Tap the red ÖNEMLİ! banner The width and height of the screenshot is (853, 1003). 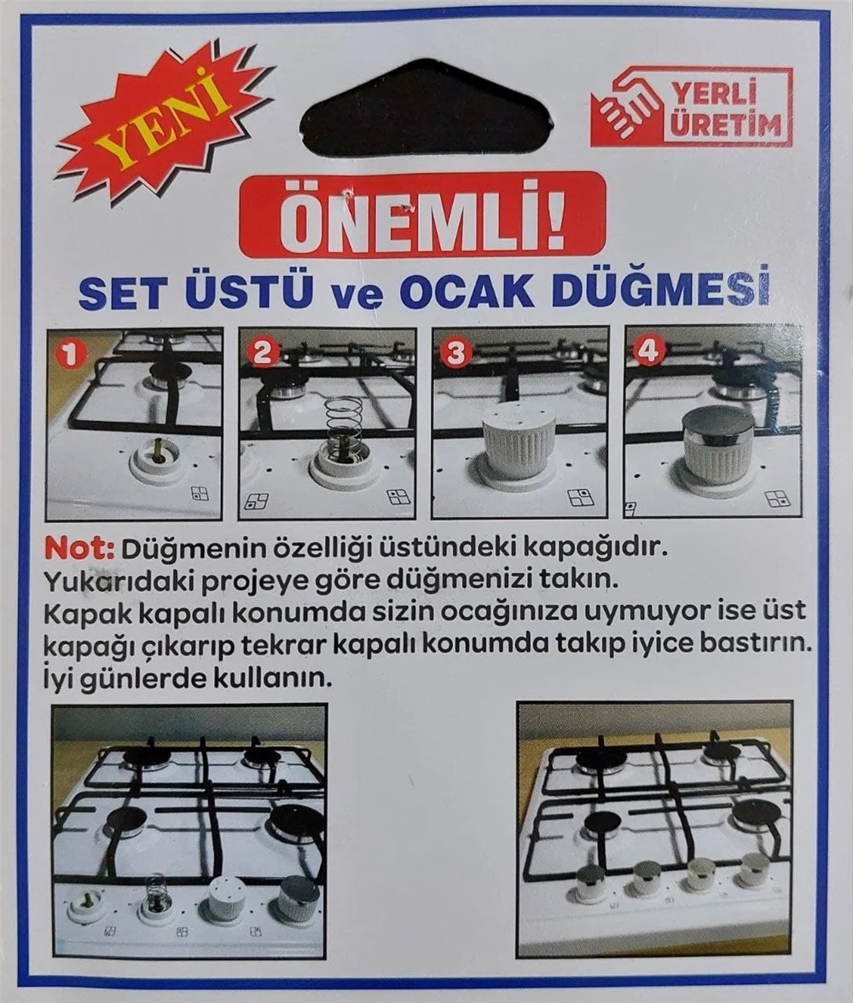pyautogui.click(x=422, y=215)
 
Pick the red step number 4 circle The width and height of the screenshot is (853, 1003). pyautogui.click(x=649, y=351)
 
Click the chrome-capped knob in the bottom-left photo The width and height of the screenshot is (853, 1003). pyautogui.click(x=298, y=897)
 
